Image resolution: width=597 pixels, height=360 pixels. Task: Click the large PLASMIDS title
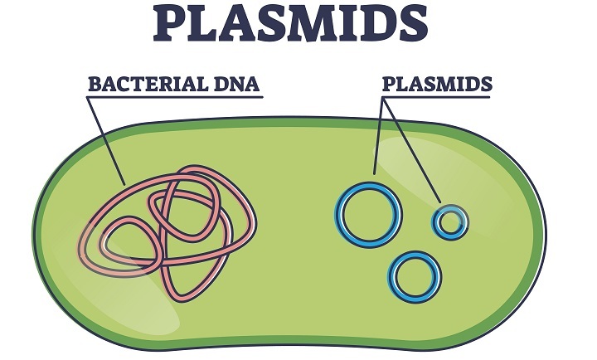point(299,25)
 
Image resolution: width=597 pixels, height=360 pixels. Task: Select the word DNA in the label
point(237,85)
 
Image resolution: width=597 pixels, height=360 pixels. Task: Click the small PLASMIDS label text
point(436,85)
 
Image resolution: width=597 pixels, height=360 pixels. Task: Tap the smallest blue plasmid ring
point(449,221)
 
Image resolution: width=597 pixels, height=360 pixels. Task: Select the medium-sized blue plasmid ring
point(415,275)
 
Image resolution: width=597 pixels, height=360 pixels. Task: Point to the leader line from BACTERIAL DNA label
point(108,141)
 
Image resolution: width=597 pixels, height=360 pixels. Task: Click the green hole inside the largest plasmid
point(368,214)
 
